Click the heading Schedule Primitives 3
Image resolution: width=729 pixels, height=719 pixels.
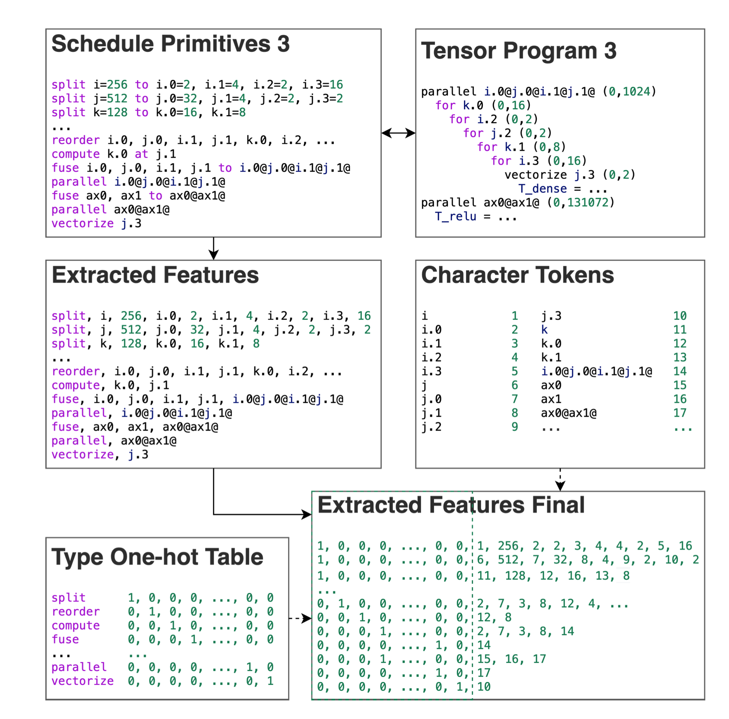coord(170,44)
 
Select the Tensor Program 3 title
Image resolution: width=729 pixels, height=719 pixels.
coord(518,51)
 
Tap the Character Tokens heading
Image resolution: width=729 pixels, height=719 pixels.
coord(517,275)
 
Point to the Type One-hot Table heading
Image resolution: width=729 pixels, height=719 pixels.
coord(157,557)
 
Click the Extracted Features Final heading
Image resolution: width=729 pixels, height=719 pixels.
coord(451,505)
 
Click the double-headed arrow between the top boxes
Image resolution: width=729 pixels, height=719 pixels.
coord(398,133)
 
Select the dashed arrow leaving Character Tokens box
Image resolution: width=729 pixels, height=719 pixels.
coord(560,480)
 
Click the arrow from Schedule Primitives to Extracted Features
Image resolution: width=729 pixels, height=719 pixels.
coord(213,248)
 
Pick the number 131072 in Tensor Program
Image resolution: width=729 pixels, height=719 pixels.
coord(588,203)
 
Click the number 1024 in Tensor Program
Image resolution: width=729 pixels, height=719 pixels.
coord(636,92)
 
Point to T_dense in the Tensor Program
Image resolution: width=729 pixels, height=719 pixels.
coord(542,189)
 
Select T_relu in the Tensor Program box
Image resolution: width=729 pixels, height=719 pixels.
coord(456,216)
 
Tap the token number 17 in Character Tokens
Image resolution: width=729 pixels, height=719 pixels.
coord(680,413)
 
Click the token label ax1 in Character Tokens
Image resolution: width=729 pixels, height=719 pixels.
coord(551,399)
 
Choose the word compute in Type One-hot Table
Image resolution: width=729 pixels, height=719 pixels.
coord(76,626)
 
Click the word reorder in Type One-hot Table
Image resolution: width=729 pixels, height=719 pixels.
coord(76,612)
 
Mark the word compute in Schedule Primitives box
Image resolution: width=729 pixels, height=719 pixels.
coord(76,154)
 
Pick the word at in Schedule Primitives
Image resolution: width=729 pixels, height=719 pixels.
coord(141,154)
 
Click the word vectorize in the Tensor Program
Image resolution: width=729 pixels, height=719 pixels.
coord(536,175)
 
